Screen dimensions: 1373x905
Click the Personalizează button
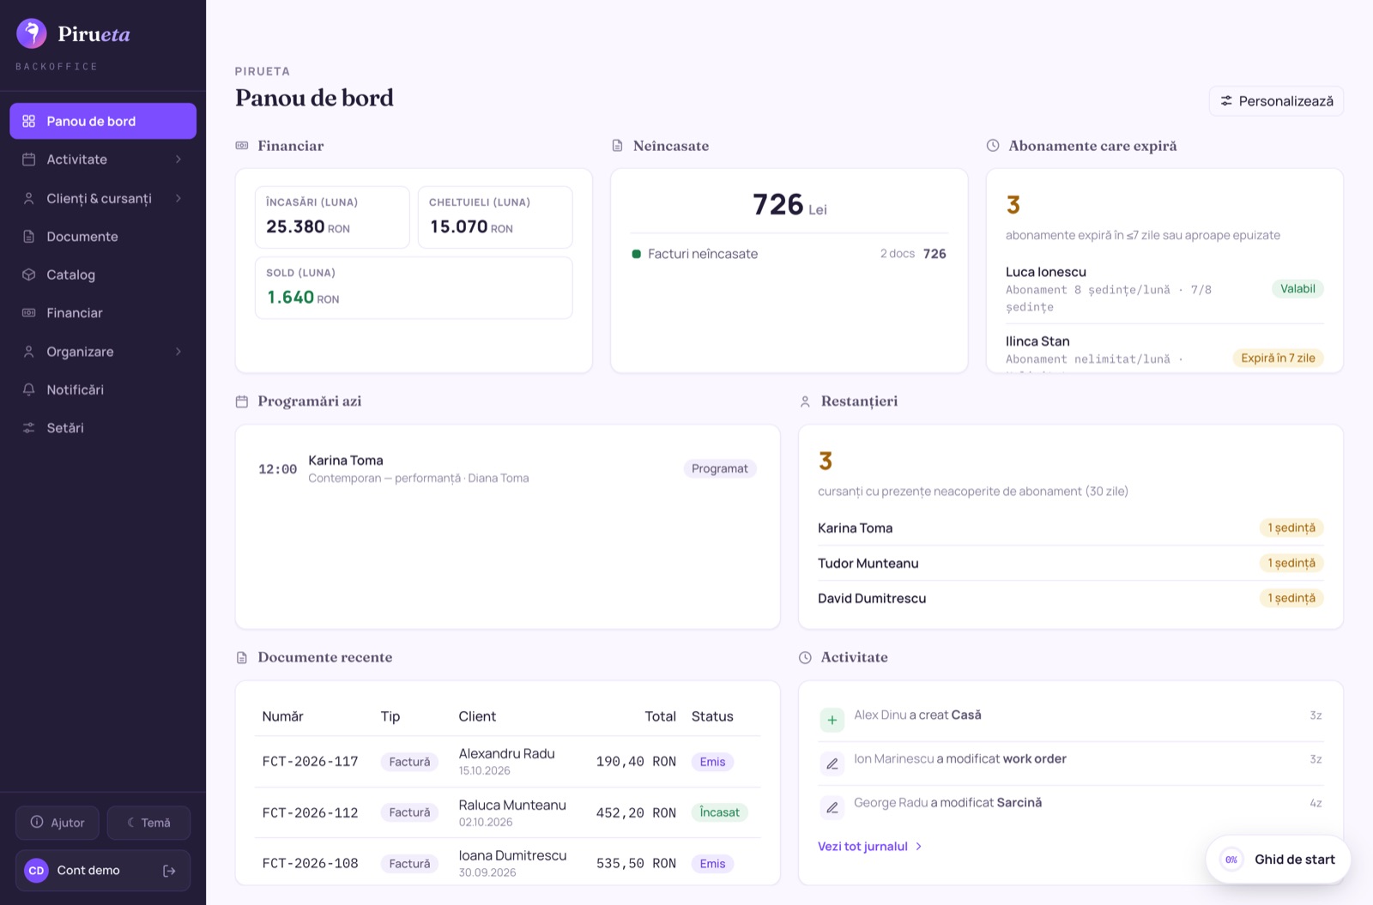tap(1276, 101)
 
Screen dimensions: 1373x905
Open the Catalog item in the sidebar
tap(103, 275)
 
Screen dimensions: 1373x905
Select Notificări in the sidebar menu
tap(103, 389)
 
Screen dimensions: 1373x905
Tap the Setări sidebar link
tap(103, 428)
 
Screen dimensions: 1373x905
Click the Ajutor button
tap(57, 823)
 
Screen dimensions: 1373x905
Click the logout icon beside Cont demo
tap(169, 871)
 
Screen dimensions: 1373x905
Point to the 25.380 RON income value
tap(308, 227)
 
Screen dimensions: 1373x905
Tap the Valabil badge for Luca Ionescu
tap(1297, 288)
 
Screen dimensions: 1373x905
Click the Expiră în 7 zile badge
tap(1278, 358)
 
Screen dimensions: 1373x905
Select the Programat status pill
tap(720, 468)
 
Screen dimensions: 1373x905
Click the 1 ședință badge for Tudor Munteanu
tap(1291, 563)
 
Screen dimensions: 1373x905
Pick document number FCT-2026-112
tap(310, 812)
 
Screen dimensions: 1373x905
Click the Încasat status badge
tap(720, 812)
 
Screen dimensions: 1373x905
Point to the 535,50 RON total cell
tap(636, 863)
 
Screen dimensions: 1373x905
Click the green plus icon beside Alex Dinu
tap(832, 720)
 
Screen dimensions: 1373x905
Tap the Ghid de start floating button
tap(1278, 859)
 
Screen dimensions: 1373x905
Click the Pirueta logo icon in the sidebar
tap(31, 33)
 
